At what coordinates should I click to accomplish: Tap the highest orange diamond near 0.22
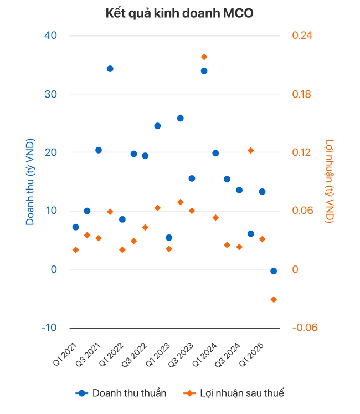[204, 57]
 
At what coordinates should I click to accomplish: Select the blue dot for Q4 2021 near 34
[110, 69]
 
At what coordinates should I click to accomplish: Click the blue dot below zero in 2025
[274, 271]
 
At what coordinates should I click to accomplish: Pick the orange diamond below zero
[274, 299]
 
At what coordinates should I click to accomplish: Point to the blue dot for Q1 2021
[75, 227]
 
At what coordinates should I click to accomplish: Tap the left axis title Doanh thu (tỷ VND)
[30, 182]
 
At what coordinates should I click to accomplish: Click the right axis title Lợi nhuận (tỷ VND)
[330, 181]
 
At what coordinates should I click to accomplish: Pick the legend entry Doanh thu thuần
[122, 393]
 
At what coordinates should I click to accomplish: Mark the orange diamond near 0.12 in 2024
[250, 150]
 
